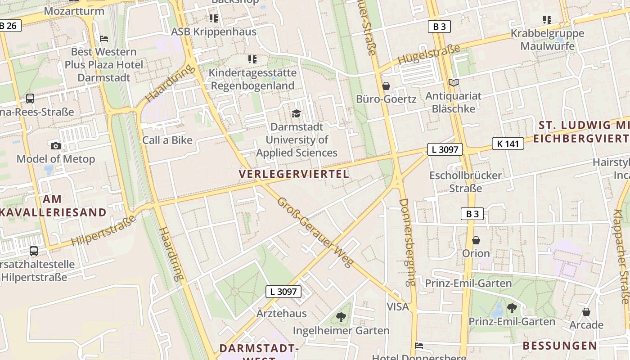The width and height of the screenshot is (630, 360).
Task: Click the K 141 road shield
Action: point(508,144)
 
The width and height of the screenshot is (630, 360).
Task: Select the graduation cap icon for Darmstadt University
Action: point(296,113)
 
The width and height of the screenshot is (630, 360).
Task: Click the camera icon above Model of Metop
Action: point(56,146)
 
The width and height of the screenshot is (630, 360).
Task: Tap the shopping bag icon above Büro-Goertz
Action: point(386,85)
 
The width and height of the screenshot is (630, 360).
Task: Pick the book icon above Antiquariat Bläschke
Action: point(453,83)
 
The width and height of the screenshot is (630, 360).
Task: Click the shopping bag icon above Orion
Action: point(476,240)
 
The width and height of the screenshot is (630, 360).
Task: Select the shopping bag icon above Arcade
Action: point(586,311)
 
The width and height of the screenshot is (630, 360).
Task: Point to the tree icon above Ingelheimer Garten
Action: point(341,317)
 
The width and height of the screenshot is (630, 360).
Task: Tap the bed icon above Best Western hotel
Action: point(104,39)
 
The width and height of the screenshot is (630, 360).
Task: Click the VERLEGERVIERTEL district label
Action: point(294,174)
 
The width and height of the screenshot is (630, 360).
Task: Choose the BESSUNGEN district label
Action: point(560,346)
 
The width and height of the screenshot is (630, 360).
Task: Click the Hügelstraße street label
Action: point(429,55)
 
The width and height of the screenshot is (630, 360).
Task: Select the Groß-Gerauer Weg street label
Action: point(314,232)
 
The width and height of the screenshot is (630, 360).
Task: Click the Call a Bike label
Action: point(167,140)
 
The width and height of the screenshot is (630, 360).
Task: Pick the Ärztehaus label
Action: point(282,313)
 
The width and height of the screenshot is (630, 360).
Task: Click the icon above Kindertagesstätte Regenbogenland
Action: point(252,59)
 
